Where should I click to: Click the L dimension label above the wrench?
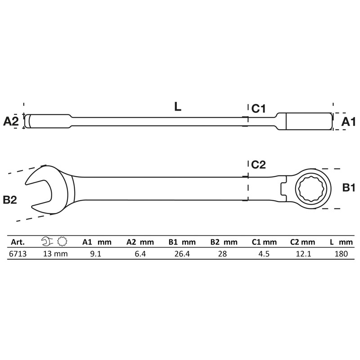(178, 107)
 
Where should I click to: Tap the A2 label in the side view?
(11, 121)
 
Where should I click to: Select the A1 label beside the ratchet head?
(348, 121)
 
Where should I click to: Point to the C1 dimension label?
(258, 108)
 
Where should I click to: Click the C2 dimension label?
(258, 165)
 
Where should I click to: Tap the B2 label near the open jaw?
(10, 200)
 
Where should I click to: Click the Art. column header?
(18, 242)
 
